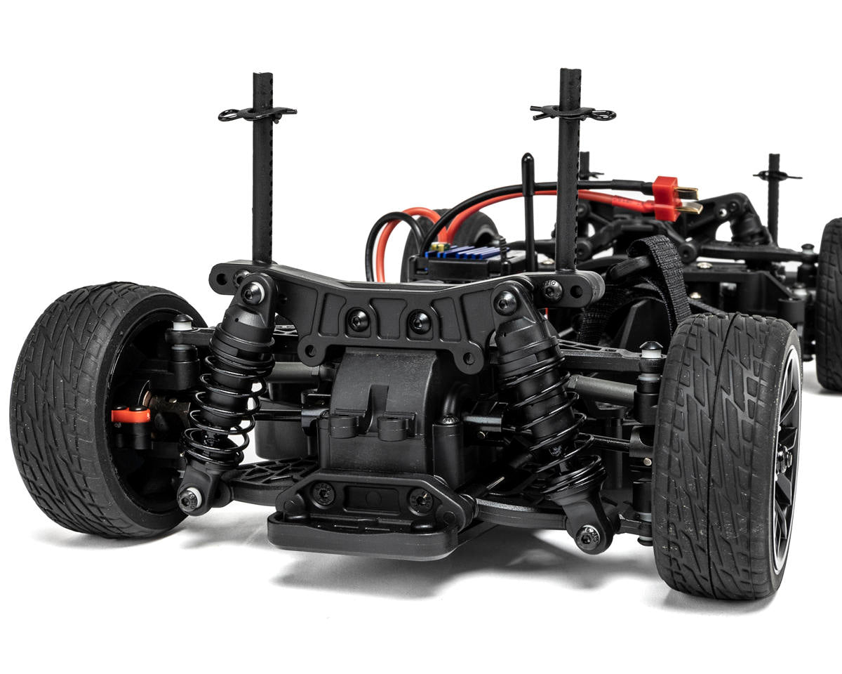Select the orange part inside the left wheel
coord(131,415)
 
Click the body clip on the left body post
coord(257,112)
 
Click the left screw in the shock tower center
coord(359,320)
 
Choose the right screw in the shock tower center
coord(420,322)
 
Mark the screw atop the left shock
coord(253,293)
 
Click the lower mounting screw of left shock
coord(189,499)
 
